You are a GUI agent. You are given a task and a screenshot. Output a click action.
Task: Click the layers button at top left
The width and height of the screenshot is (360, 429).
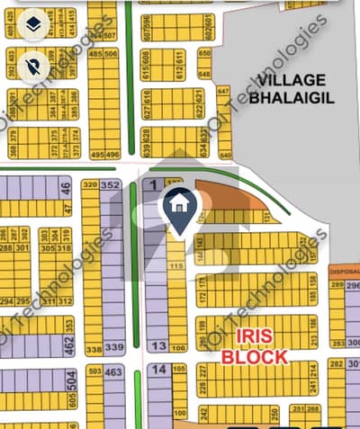(32, 22)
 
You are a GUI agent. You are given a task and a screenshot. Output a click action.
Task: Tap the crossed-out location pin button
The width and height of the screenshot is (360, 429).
(32, 63)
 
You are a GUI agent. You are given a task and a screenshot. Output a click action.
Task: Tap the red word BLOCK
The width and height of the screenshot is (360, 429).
(256, 356)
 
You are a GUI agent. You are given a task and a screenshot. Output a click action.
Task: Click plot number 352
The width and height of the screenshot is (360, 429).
(112, 185)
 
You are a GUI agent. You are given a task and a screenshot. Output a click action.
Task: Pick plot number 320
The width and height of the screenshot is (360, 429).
(90, 185)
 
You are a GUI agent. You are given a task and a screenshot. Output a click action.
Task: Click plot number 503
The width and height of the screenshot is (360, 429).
(94, 371)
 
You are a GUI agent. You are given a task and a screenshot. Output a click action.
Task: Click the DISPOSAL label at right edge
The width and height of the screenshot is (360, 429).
(345, 271)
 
